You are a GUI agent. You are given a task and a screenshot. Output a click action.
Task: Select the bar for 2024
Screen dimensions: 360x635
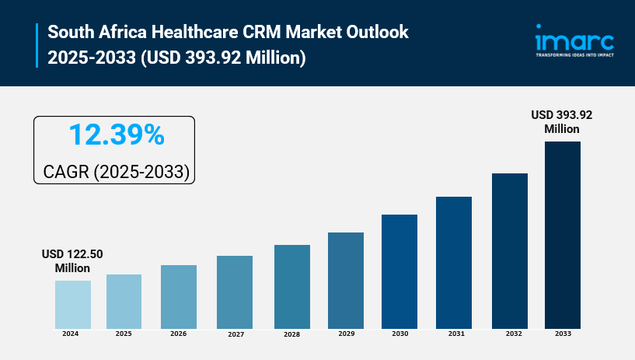point(73,304)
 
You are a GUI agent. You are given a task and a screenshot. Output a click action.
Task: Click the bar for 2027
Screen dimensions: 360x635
point(234,292)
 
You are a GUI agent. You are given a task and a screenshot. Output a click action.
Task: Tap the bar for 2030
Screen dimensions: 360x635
point(399,271)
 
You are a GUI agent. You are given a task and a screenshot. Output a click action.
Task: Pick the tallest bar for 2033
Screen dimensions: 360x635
point(563,234)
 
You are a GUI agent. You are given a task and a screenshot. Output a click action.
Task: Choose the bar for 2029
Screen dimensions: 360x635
point(346,280)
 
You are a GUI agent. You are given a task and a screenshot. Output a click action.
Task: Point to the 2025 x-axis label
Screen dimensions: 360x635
point(124,334)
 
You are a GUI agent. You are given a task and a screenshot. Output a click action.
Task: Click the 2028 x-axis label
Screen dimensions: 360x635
point(291,334)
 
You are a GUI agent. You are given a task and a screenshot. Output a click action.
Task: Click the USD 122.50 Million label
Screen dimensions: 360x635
point(72,261)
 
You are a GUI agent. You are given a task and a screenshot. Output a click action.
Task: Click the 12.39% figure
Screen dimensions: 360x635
point(116,135)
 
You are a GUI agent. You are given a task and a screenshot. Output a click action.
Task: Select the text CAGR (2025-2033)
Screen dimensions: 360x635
point(114,170)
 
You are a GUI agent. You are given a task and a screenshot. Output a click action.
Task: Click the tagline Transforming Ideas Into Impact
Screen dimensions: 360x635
point(574,55)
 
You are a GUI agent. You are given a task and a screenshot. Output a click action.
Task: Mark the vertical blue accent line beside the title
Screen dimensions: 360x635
point(37,45)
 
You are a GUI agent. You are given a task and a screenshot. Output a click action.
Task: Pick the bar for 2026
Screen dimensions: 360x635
point(179,296)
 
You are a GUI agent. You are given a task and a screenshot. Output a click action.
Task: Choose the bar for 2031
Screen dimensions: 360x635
point(454,262)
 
